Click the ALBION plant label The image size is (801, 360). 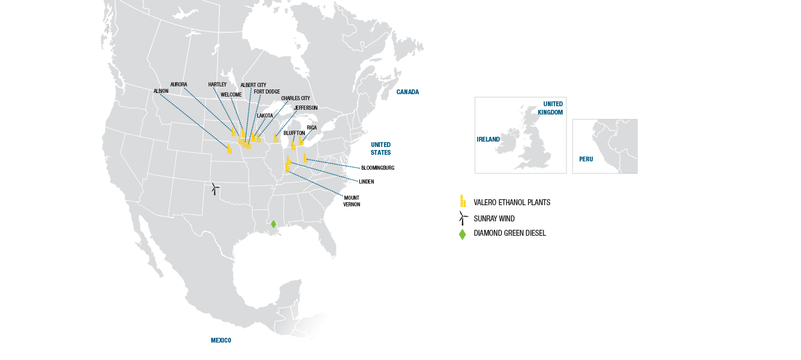pyautogui.click(x=161, y=91)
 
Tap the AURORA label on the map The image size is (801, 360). pyautogui.click(x=179, y=85)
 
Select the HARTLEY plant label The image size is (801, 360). pyautogui.click(x=217, y=85)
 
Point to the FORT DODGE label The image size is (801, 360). pyautogui.click(x=267, y=92)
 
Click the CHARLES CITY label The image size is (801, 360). pyautogui.click(x=296, y=98)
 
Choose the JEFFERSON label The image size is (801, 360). pyautogui.click(x=305, y=108)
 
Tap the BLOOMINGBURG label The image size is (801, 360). pyautogui.click(x=378, y=168)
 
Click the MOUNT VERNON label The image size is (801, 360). pyautogui.click(x=352, y=201)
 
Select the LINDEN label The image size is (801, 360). pyautogui.click(x=367, y=182)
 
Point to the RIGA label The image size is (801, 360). pyautogui.click(x=311, y=128)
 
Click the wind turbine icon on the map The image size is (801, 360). pyautogui.click(x=215, y=188)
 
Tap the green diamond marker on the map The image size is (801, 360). pyautogui.click(x=274, y=224)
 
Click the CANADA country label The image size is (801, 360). pyautogui.click(x=407, y=92)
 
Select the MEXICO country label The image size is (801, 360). pyautogui.click(x=221, y=341)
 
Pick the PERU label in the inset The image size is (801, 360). pyautogui.click(x=586, y=160)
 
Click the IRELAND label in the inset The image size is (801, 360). pyautogui.click(x=488, y=139)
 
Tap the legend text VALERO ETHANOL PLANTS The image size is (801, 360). pyautogui.click(x=512, y=203)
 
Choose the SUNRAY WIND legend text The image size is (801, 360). pyautogui.click(x=494, y=219)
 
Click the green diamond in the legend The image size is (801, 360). pyautogui.click(x=462, y=234)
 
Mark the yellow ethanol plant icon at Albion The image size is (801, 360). pyautogui.click(x=229, y=149)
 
